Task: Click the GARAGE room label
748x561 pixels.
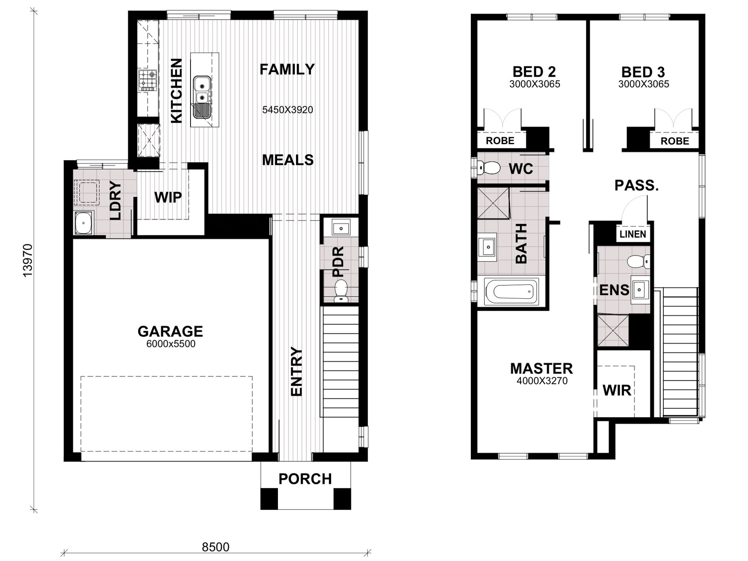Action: click(170, 331)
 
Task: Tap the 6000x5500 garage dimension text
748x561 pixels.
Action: click(171, 344)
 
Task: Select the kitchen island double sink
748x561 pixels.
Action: click(202, 97)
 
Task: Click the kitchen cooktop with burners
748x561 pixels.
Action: click(148, 80)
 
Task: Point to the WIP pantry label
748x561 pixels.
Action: click(168, 197)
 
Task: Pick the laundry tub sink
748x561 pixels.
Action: click(83, 223)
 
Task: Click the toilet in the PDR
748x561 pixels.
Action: click(341, 291)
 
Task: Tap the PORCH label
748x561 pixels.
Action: click(305, 479)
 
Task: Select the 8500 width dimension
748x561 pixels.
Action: click(215, 547)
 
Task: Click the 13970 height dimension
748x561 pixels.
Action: click(28, 260)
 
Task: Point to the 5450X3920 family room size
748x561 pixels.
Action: click(288, 110)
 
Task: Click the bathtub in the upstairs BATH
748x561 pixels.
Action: click(511, 291)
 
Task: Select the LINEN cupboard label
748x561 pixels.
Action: click(633, 234)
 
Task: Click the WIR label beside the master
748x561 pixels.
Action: click(617, 391)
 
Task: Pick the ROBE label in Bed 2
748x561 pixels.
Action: click(500, 141)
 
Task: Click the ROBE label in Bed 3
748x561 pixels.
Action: click(675, 141)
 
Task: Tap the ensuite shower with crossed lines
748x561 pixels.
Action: click(613, 331)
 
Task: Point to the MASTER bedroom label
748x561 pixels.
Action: click(541, 368)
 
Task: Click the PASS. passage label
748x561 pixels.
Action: click(637, 185)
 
